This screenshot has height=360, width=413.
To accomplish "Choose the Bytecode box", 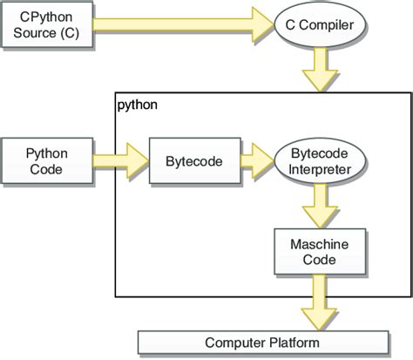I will click(193, 160).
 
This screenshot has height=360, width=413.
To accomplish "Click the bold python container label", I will click(138, 105).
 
